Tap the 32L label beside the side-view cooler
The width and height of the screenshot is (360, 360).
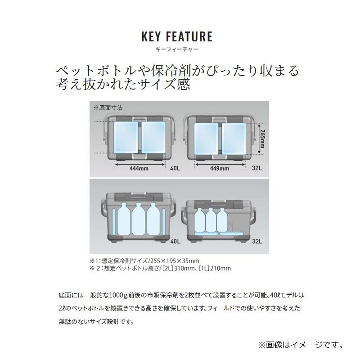click(x=256, y=241)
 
